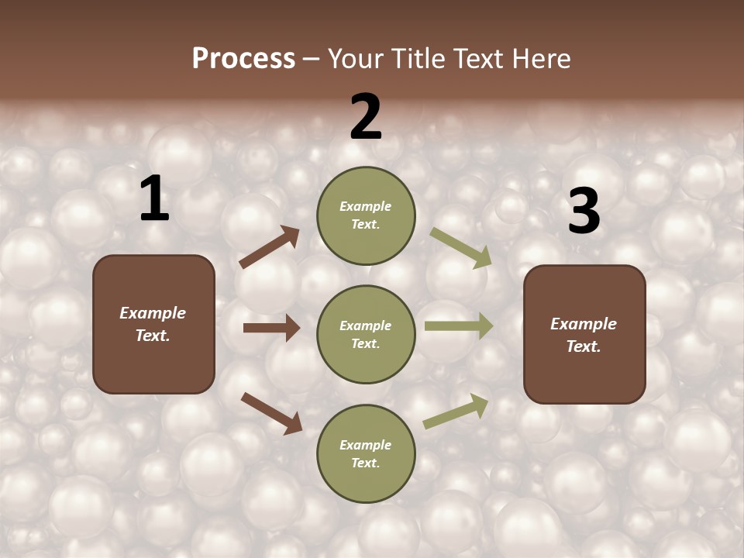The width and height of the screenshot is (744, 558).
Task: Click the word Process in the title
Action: click(243, 59)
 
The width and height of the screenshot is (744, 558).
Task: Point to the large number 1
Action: click(154, 199)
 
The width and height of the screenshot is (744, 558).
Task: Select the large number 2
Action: click(366, 117)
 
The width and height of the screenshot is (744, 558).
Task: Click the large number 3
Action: click(584, 212)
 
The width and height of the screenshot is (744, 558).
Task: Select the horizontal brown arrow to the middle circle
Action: click(270, 328)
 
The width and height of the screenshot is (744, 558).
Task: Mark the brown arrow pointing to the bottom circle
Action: click(271, 413)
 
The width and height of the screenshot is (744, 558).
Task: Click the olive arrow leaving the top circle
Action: click(461, 248)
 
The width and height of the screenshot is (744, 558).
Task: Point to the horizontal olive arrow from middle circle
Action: click(459, 326)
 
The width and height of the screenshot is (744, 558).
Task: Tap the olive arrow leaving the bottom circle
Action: click(456, 412)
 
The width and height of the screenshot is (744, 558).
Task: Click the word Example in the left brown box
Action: click(153, 313)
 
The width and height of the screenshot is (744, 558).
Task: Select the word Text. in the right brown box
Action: click(584, 346)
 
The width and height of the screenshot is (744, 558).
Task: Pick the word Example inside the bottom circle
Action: click(366, 445)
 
